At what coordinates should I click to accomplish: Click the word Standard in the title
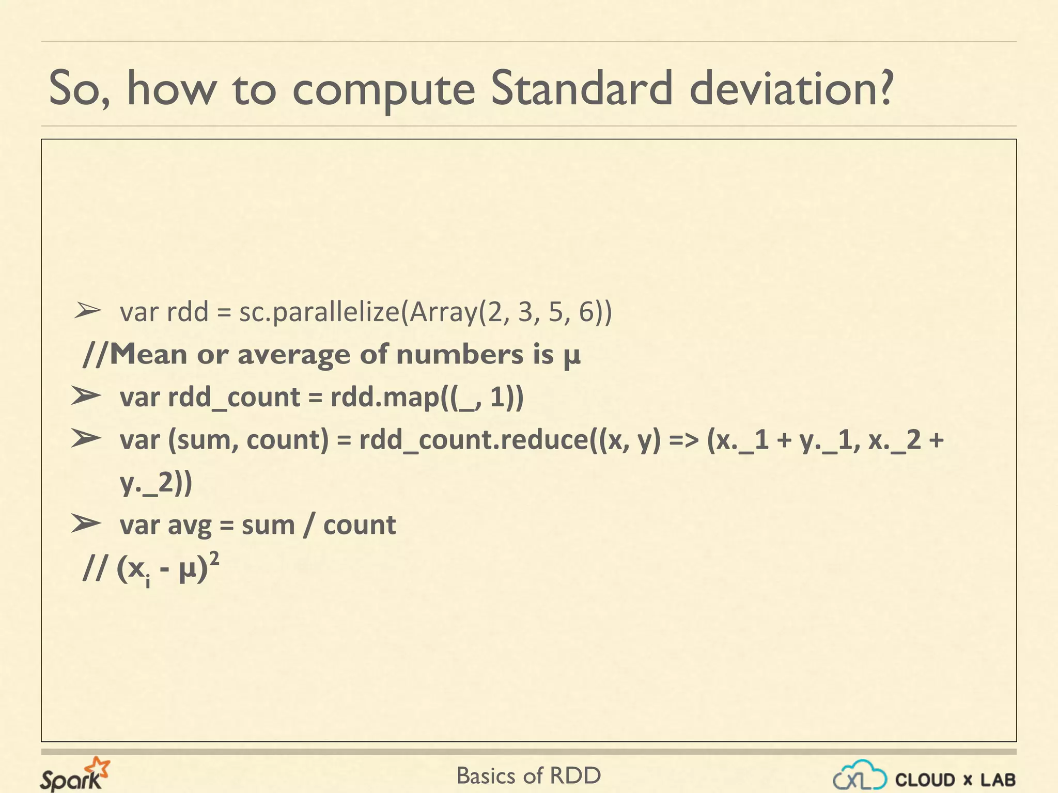pos(581,89)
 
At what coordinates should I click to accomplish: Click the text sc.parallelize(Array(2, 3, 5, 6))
pos(425,312)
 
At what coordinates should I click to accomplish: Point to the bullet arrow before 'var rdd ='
pos(87,311)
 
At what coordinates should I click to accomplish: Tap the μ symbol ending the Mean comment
pos(571,356)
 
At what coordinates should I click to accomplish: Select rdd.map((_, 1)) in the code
pos(427,398)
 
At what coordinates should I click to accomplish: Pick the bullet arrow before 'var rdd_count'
pos(86,396)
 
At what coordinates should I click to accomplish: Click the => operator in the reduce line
pos(683,440)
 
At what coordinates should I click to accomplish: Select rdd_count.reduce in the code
pos(473,440)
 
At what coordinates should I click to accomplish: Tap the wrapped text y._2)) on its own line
pos(156,483)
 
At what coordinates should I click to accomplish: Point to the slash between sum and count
pos(309,526)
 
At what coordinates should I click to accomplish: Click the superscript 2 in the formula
pos(214,558)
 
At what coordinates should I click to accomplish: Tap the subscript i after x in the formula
pos(148,582)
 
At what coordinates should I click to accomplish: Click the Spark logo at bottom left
pos(75,774)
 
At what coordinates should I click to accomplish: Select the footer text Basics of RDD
pos(528,775)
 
